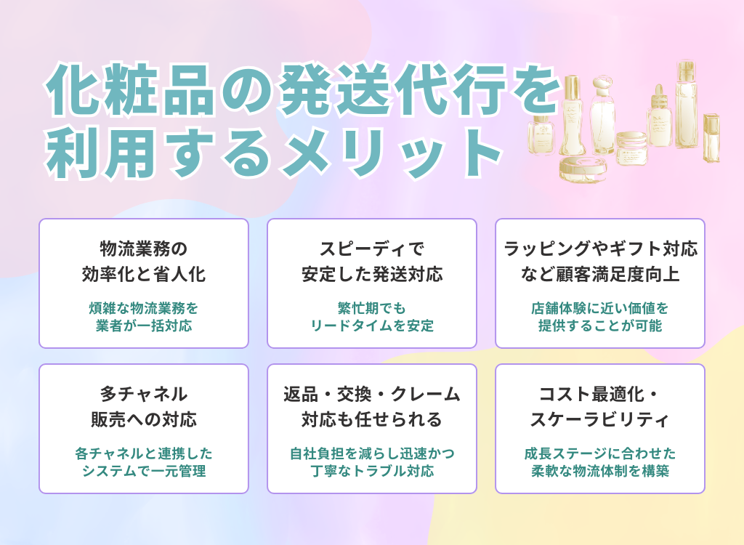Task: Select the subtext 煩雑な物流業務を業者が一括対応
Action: [x=143, y=316]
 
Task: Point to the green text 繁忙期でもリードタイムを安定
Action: [x=372, y=316]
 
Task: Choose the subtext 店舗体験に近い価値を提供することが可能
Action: [x=600, y=316]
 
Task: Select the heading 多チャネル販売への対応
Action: [x=143, y=407]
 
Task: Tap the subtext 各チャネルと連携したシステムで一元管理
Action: [x=143, y=462]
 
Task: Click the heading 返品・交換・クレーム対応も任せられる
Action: [x=372, y=407]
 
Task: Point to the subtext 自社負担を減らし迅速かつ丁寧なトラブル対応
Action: [x=372, y=462]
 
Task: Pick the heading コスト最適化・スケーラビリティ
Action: [x=600, y=407]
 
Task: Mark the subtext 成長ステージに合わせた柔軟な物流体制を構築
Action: [x=600, y=462]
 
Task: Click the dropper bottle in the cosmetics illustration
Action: [x=660, y=116]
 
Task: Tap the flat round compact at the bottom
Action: [x=582, y=168]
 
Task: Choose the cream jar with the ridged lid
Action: [x=631, y=148]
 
